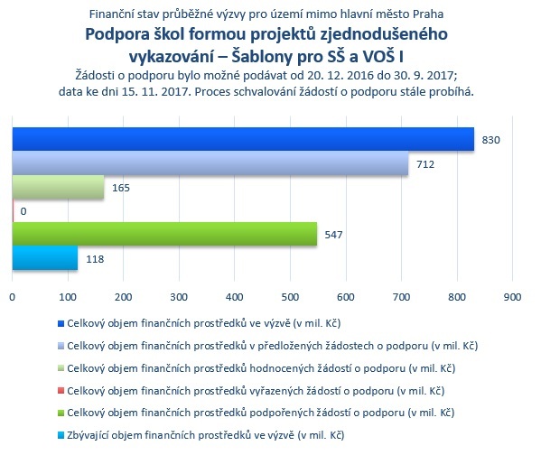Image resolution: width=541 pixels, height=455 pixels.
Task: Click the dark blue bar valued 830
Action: (243, 139)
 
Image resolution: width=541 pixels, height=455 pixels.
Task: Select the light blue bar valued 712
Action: (210, 162)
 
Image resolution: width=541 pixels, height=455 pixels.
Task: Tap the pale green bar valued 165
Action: (58, 187)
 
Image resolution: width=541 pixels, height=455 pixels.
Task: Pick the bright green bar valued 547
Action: (164, 234)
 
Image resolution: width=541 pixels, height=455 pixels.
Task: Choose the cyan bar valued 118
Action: (45, 257)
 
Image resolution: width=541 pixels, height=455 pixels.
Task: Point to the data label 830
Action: (490, 140)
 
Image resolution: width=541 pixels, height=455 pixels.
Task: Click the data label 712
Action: (425, 164)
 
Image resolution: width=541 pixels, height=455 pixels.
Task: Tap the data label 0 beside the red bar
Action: (23, 211)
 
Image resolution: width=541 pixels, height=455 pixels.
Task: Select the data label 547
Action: (333, 235)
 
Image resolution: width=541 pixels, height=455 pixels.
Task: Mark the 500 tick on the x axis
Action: (290, 297)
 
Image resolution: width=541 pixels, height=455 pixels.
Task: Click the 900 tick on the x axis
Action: (512, 297)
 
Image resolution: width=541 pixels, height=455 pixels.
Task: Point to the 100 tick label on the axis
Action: (68, 297)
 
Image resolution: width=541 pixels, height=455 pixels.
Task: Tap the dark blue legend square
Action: (61, 323)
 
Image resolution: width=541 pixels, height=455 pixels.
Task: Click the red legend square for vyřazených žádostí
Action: (61, 391)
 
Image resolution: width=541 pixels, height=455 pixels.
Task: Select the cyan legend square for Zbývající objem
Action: (61, 436)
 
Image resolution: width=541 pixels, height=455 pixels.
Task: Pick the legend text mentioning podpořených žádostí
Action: (260, 413)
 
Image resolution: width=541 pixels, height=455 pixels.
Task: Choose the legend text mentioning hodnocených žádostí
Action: (261, 368)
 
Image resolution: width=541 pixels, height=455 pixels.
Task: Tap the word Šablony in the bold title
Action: (262, 57)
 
